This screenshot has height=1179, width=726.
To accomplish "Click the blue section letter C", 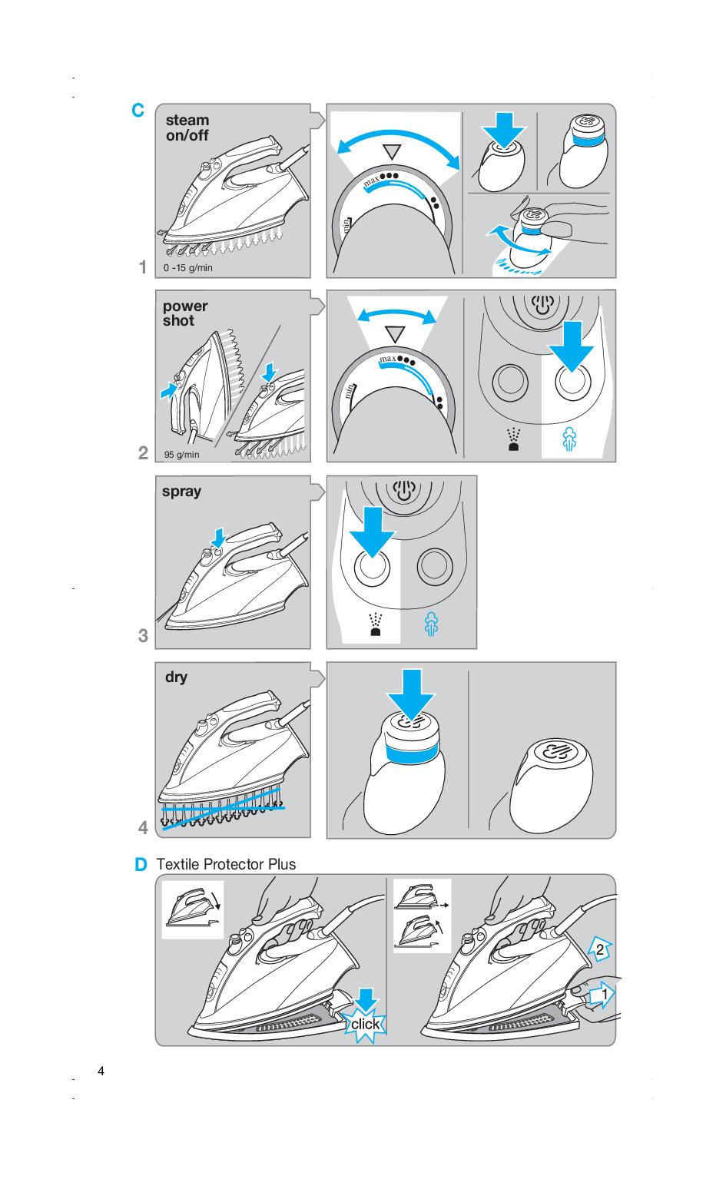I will click(x=138, y=111).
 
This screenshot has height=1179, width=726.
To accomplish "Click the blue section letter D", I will click(x=141, y=865).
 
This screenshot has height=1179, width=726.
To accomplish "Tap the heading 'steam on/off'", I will click(x=187, y=128).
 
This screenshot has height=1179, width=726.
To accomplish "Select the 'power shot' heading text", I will click(x=184, y=313).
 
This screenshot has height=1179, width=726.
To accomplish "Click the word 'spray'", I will click(x=181, y=492).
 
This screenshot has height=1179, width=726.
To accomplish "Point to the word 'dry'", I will click(x=176, y=677).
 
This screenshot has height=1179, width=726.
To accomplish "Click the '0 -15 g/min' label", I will click(x=188, y=268).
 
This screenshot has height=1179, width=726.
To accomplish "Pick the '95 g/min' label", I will click(x=181, y=455).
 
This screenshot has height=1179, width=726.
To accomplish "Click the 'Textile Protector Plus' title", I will click(x=226, y=864).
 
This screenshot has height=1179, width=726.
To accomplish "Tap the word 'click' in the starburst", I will click(x=365, y=1024).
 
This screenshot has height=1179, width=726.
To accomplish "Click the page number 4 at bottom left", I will click(x=101, y=1071).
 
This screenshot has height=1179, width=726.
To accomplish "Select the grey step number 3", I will click(x=143, y=636).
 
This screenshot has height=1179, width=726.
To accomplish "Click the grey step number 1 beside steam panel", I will click(x=143, y=267).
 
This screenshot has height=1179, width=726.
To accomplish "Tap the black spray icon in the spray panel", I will click(x=376, y=625).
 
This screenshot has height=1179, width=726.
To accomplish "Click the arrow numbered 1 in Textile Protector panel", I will click(x=605, y=995).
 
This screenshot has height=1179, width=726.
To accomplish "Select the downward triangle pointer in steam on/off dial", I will click(x=393, y=151).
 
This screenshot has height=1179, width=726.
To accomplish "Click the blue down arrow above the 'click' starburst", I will click(x=367, y=999).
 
